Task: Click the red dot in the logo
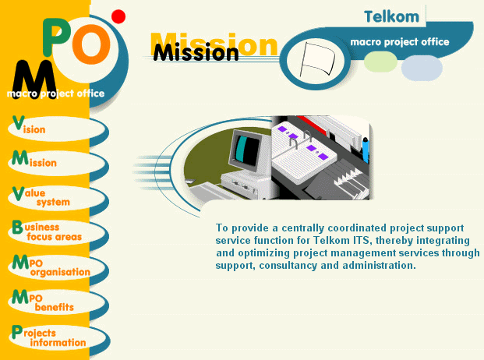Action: [118, 16]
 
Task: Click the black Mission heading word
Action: [196, 53]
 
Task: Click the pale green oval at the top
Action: [381, 62]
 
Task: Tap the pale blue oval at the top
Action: [422, 67]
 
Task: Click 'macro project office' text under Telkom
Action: [400, 41]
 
